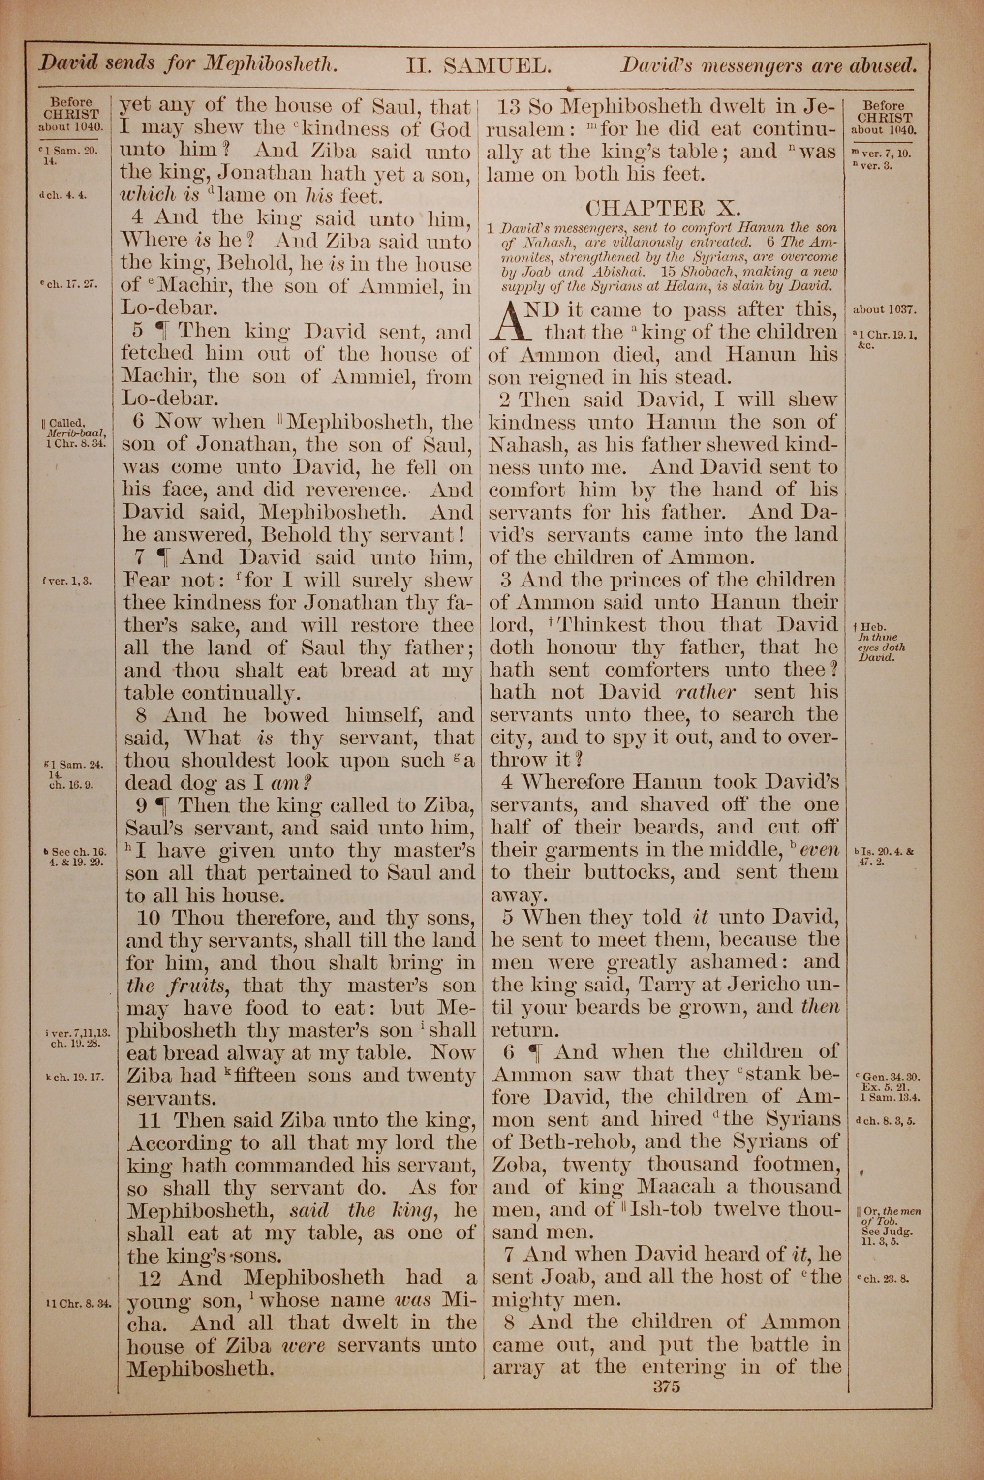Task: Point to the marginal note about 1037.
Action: (x=885, y=309)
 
